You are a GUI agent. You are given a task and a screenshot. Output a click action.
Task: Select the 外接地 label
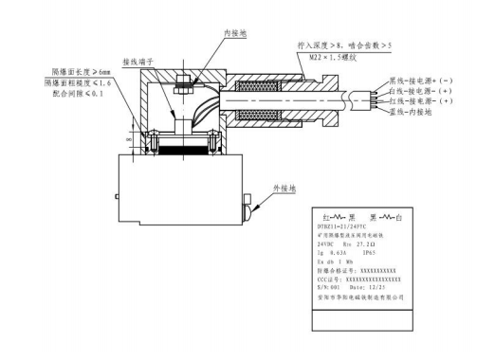coord(284,189)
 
